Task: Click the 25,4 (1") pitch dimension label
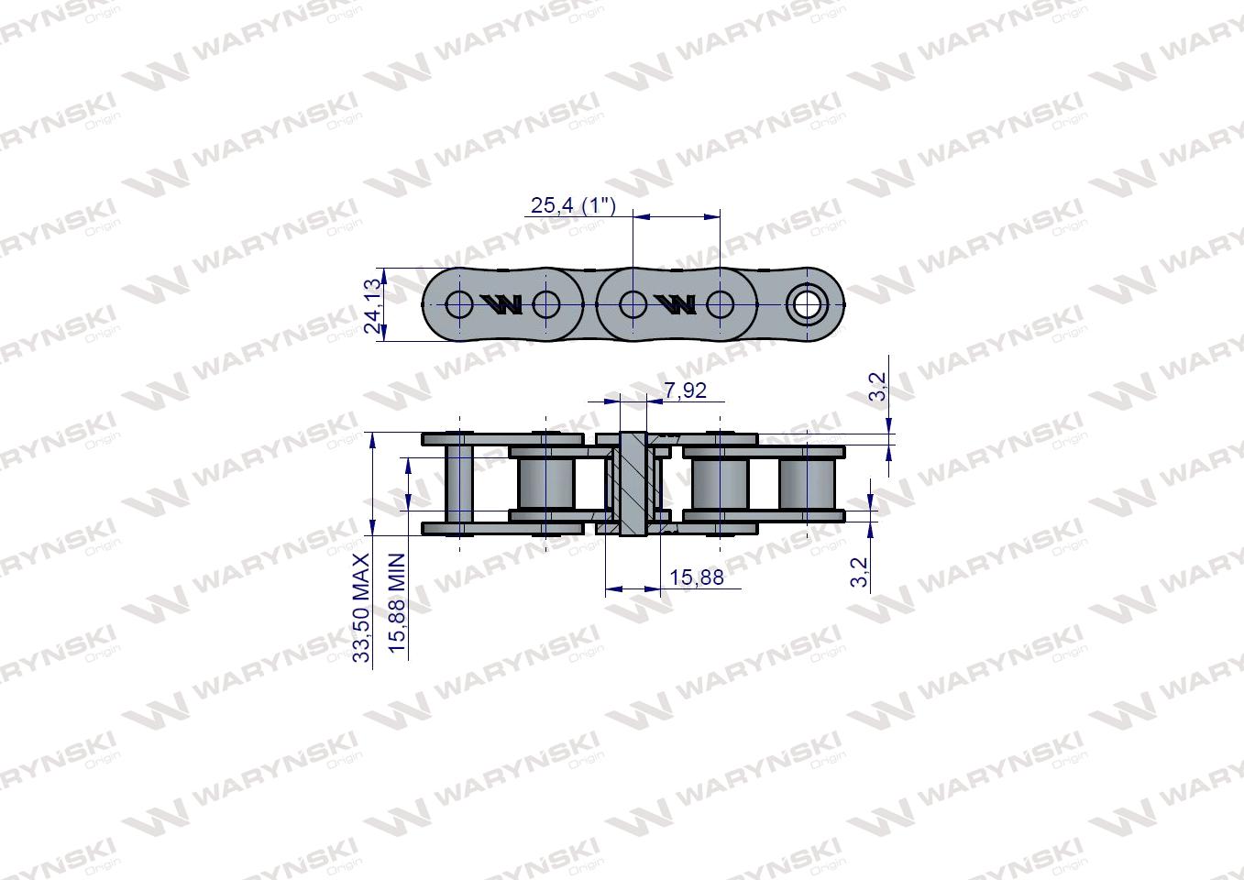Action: (x=574, y=205)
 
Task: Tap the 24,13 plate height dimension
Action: (x=372, y=305)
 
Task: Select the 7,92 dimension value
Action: (x=686, y=390)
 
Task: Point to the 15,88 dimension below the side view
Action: (x=697, y=578)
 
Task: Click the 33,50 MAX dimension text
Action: (x=362, y=608)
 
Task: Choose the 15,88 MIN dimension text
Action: (x=398, y=603)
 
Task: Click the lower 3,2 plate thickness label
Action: (x=859, y=572)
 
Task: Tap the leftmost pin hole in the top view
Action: (x=459, y=304)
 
